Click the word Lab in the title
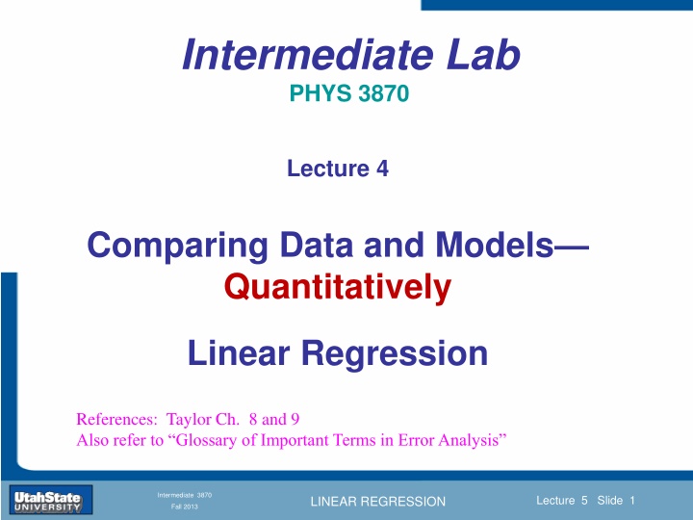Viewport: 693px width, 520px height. (x=483, y=55)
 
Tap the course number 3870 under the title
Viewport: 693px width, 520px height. (x=384, y=93)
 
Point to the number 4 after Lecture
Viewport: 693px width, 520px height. (x=383, y=169)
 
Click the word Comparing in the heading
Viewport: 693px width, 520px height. (x=178, y=246)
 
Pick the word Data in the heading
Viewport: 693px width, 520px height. (x=317, y=245)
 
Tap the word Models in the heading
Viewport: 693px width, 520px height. (x=495, y=245)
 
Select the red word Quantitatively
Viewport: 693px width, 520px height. (x=338, y=288)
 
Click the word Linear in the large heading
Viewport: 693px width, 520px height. (x=239, y=353)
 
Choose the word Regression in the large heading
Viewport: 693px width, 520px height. (x=395, y=354)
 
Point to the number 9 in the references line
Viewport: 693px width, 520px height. (x=295, y=419)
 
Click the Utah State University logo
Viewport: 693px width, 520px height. (x=50, y=500)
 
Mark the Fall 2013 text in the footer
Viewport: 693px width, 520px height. (x=185, y=507)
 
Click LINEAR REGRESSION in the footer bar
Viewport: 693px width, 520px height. (x=378, y=502)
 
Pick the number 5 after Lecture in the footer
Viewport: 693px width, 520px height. (x=584, y=501)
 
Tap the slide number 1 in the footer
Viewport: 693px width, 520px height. (x=632, y=501)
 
